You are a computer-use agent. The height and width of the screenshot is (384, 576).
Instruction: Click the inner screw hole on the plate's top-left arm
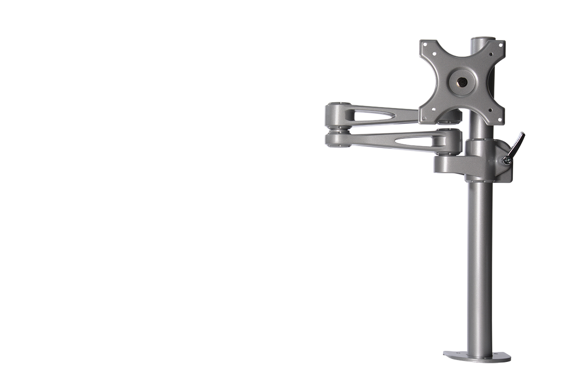click(x=435, y=55)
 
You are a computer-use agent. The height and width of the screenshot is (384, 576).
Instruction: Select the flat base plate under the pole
click(x=477, y=356)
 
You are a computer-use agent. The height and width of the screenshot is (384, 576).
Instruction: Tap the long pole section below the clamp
click(x=480, y=264)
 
